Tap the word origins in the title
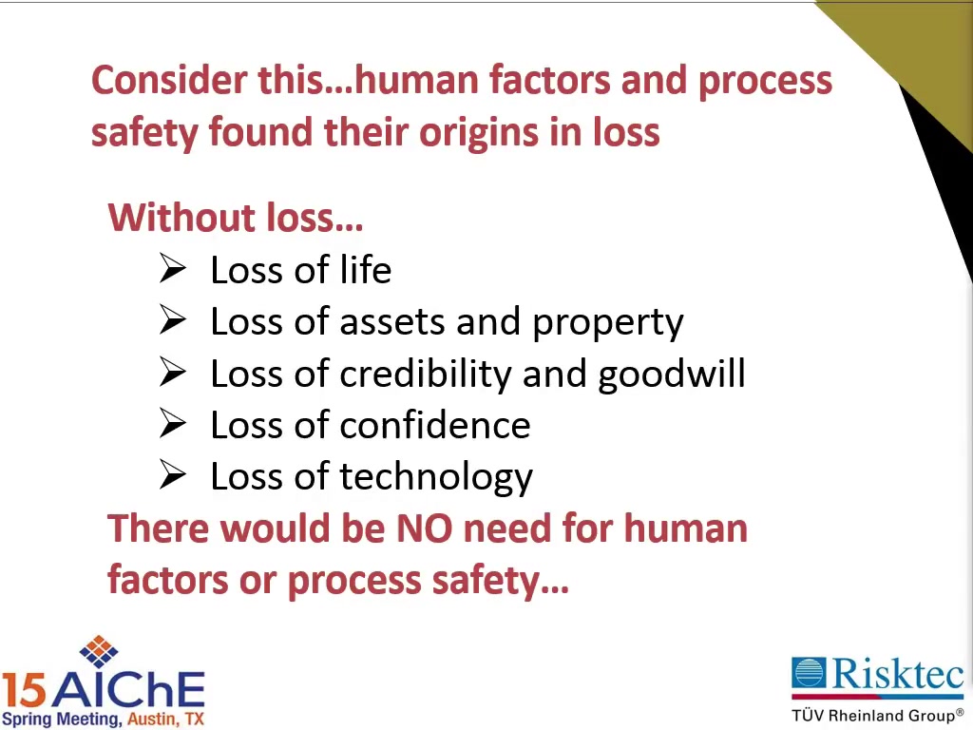[x=479, y=133]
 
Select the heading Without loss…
[x=236, y=218]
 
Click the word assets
[x=392, y=322]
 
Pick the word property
[x=608, y=323]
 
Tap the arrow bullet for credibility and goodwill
[x=173, y=372]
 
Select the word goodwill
[x=672, y=375]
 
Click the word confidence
[x=435, y=425]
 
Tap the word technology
[x=436, y=478]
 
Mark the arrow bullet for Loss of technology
[x=173, y=474]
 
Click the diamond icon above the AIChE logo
[x=99, y=651]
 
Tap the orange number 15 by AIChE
[x=24, y=690]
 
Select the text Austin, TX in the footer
[x=165, y=720]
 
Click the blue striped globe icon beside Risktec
[x=809, y=673]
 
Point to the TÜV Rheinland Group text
[x=877, y=715]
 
